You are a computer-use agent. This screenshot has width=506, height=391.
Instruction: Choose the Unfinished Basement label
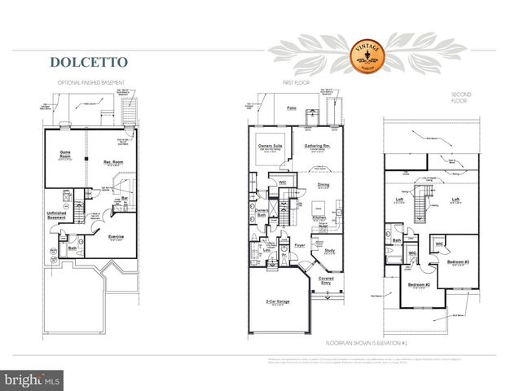point(56,216)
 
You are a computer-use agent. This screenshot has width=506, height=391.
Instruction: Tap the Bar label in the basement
point(125,196)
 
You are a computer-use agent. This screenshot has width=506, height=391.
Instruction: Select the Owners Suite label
point(271,145)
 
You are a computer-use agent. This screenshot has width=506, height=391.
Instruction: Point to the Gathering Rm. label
point(314,145)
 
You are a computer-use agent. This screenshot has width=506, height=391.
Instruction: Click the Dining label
point(323,185)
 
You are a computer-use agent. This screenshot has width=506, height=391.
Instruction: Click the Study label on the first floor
point(329,251)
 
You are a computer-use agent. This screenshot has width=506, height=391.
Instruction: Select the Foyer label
point(299,244)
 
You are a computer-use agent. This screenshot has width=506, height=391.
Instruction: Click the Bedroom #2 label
point(419,285)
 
